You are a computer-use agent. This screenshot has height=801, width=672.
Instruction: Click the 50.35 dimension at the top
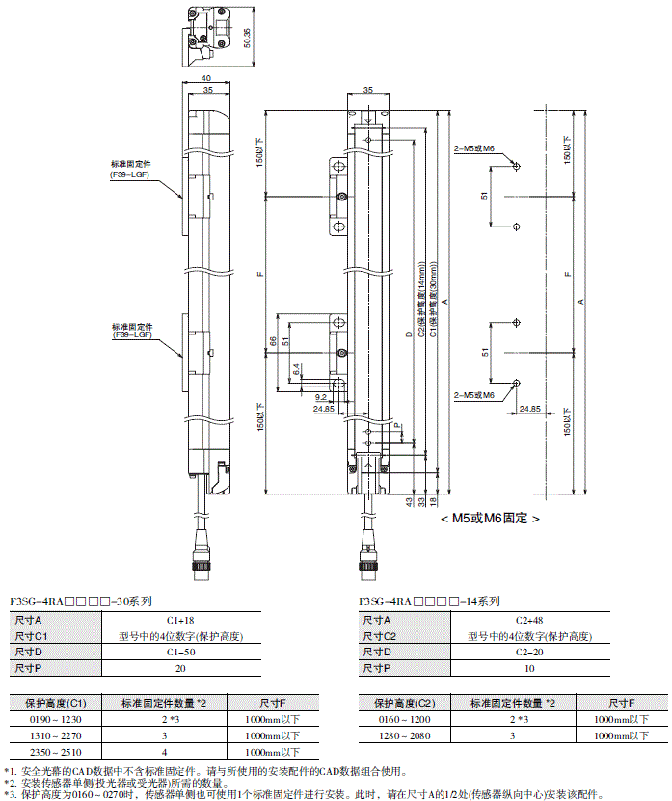tap(249, 37)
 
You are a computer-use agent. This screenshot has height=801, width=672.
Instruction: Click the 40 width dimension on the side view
tap(205, 78)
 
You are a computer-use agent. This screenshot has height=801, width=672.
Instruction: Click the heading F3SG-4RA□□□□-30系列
tap(80, 601)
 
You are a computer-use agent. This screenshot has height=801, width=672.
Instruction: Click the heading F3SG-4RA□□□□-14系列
tap(429, 601)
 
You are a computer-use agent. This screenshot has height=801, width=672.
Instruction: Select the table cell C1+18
tap(180, 621)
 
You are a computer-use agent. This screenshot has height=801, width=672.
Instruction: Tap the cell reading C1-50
tap(180, 654)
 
